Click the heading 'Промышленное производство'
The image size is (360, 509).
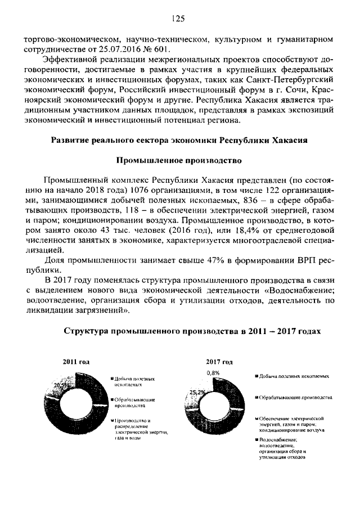click(179, 160)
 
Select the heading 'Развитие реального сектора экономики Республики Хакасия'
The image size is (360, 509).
click(179, 140)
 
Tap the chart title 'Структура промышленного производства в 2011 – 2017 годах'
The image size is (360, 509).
click(192, 331)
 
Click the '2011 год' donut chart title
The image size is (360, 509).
click(76, 362)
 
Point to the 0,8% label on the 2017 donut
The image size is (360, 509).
click(213, 372)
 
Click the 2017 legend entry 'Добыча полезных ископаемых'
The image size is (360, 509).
click(292, 375)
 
